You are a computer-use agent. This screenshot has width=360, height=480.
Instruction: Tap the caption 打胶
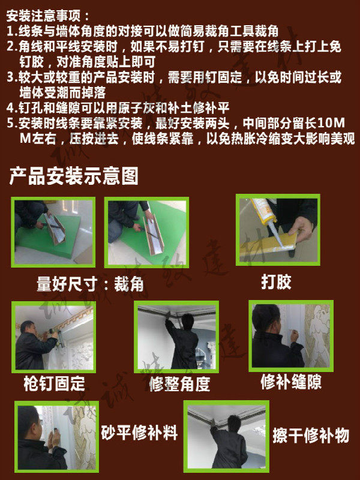(x=276, y=281)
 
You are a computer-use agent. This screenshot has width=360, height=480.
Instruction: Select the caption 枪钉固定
(x=54, y=383)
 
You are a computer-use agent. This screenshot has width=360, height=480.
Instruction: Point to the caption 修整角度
(x=179, y=384)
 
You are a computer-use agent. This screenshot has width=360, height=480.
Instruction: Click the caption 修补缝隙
(x=291, y=382)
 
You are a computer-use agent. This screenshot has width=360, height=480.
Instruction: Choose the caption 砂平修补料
(x=139, y=433)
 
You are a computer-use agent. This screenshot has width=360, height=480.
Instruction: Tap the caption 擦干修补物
(x=311, y=435)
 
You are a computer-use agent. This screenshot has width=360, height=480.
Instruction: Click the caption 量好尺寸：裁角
(x=91, y=284)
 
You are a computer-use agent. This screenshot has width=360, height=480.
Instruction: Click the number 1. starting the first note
(x=12, y=31)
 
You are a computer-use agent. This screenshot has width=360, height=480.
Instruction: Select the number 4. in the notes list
(x=12, y=108)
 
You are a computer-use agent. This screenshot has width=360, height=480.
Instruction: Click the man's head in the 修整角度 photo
(x=188, y=322)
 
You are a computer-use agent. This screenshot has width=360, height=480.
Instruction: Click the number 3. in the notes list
(x=12, y=77)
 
